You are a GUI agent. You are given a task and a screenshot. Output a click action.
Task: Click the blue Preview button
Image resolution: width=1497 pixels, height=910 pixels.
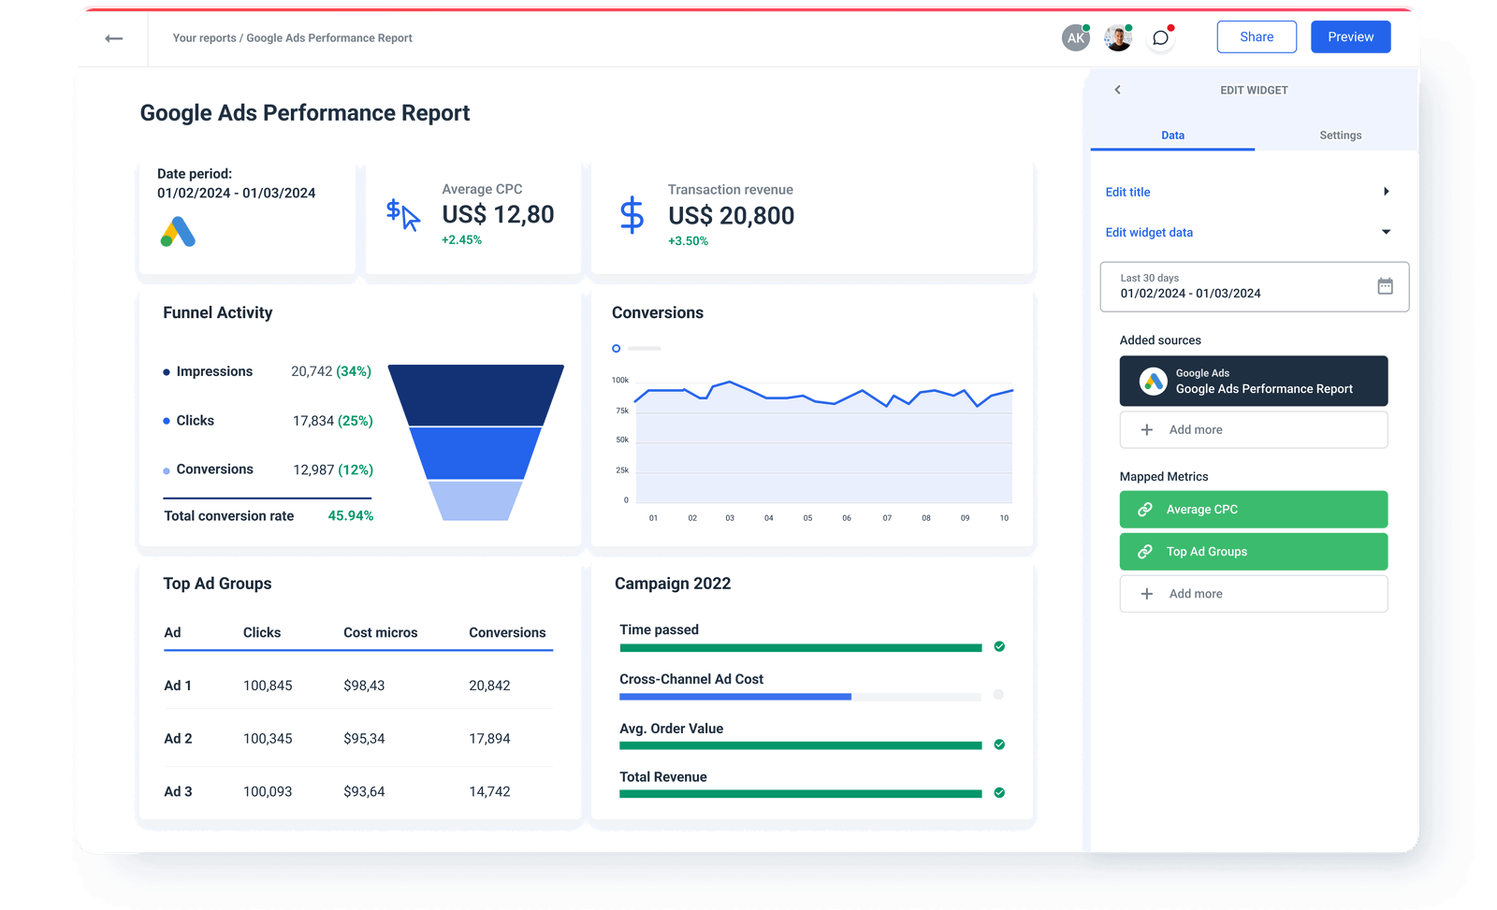tap(1350, 37)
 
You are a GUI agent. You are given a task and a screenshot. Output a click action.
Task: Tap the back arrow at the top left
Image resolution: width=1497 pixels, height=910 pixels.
tap(114, 38)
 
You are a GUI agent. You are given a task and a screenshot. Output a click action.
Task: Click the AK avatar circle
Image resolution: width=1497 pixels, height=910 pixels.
tap(1076, 38)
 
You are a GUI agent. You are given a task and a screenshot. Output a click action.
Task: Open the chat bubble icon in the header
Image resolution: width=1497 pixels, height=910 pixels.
tap(1160, 38)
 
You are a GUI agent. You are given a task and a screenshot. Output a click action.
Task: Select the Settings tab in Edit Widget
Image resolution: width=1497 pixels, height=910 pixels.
tap(1340, 136)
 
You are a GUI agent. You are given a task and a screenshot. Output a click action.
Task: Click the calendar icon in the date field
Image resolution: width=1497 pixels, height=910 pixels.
tap(1385, 286)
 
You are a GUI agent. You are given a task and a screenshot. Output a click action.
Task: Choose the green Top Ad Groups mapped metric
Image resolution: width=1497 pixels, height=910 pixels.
tap(1253, 552)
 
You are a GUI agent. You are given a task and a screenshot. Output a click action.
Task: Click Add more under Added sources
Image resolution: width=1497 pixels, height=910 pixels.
tap(1253, 430)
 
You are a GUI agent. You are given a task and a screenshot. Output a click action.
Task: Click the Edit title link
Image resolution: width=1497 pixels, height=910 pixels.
tap(1128, 193)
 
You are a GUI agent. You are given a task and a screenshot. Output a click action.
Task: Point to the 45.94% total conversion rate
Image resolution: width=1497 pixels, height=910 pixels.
tap(351, 516)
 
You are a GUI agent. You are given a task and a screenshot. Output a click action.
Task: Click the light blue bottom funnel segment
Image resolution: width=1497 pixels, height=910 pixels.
tap(475, 500)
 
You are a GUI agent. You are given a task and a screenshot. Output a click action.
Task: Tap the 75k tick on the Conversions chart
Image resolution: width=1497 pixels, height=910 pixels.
tap(622, 411)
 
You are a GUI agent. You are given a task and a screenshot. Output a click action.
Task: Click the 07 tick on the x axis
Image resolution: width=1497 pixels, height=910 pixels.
tap(887, 518)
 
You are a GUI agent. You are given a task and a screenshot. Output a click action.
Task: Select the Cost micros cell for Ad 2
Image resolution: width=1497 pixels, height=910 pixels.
tap(364, 739)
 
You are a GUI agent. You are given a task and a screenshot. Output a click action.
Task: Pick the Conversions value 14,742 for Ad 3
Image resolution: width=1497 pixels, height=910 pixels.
tap(489, 792)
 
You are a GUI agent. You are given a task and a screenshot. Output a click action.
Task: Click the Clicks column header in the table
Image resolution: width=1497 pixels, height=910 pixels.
tap(262, 633)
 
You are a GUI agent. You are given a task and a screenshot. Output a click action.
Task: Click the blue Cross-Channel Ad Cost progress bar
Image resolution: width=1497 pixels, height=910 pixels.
tap(735, 697)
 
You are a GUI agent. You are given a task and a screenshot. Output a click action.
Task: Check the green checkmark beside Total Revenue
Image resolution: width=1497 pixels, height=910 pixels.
tap(999, 793)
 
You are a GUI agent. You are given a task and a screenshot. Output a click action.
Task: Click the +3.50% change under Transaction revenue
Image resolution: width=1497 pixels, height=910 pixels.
tap(688, 241)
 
